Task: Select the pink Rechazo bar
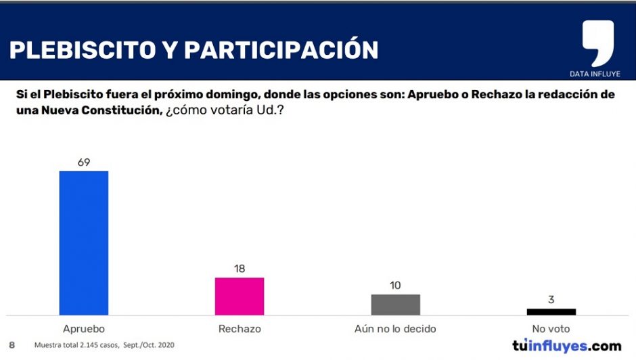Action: (240, 296)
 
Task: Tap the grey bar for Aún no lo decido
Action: (396, 305)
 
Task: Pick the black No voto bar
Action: (551, 312)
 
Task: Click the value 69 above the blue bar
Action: (84, 162)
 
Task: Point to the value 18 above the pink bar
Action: (240, 269)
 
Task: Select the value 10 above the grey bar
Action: (395, 286)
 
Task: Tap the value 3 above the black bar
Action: (551, 300)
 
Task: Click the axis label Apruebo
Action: (84, 329)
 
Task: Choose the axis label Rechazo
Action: (240, 329)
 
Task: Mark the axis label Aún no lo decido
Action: (395, 329)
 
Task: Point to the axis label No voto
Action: (551, 329)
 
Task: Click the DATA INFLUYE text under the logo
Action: (595, 74)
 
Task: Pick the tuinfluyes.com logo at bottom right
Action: (566, 346)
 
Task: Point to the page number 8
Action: (12, 345)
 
